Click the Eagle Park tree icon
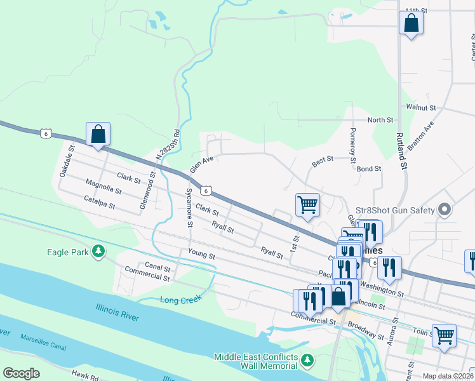pos(98,252)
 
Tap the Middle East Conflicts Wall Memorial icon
pos(307,361)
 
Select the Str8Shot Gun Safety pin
pos(445,210)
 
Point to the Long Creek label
pos(180,299)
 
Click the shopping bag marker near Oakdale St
pos(98,135)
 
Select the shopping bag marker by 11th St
pos(411,24)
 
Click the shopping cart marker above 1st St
pos(307,206)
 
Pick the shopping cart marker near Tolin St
pos(445,335)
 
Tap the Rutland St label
pos(402,154)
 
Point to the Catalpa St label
pos(99,202)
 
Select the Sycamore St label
pos(189,208)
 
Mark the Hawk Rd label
pos(84,378)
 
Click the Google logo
pos(22,373)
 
